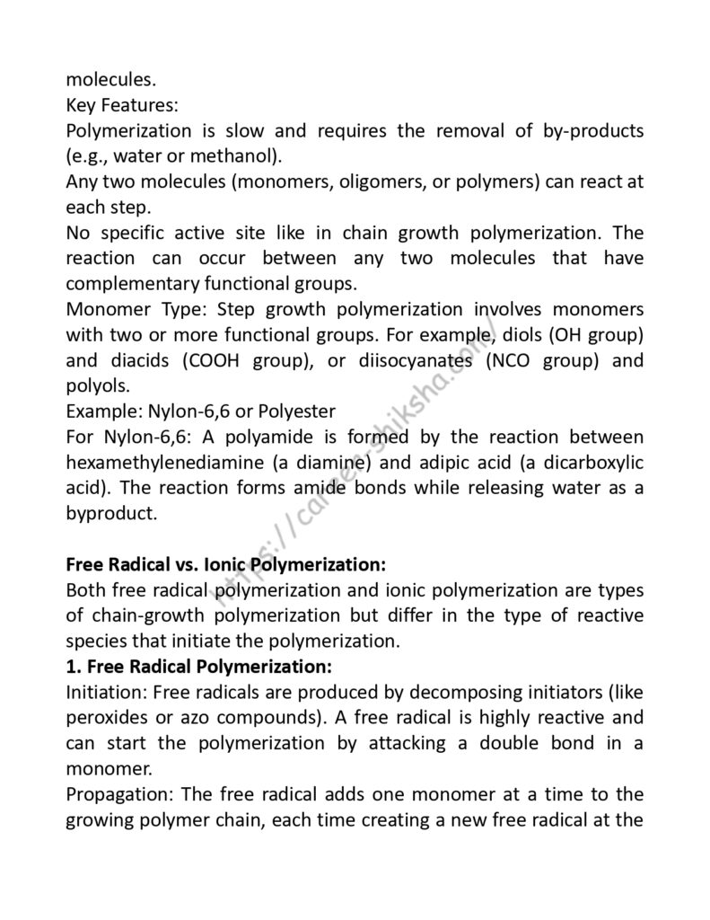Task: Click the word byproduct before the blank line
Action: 110,515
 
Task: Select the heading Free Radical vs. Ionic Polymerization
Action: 226,566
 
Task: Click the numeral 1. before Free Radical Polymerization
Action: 74,668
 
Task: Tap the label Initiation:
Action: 106,694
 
